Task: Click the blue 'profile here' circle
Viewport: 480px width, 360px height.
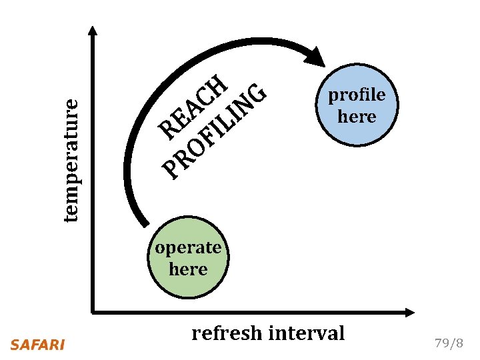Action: (357, 105)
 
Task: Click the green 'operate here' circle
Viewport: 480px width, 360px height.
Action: (188, 259)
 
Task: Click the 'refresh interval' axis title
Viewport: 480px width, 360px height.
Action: (268, 333)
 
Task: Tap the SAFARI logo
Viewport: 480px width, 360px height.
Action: (38, 345)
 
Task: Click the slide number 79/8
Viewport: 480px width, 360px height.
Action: (448, 344)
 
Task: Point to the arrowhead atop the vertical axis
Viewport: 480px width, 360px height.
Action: (93, 31)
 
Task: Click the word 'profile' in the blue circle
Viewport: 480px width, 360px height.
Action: (357, 95)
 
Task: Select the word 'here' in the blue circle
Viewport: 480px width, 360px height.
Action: (357, 117)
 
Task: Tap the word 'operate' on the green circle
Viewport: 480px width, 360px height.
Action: (188, 248)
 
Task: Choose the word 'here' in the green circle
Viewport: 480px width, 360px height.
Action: (188, 270)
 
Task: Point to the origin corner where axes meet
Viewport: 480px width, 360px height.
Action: (93, 311)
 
